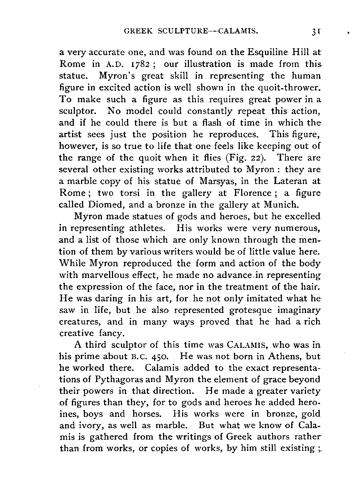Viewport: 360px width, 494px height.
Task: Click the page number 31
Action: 316,31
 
